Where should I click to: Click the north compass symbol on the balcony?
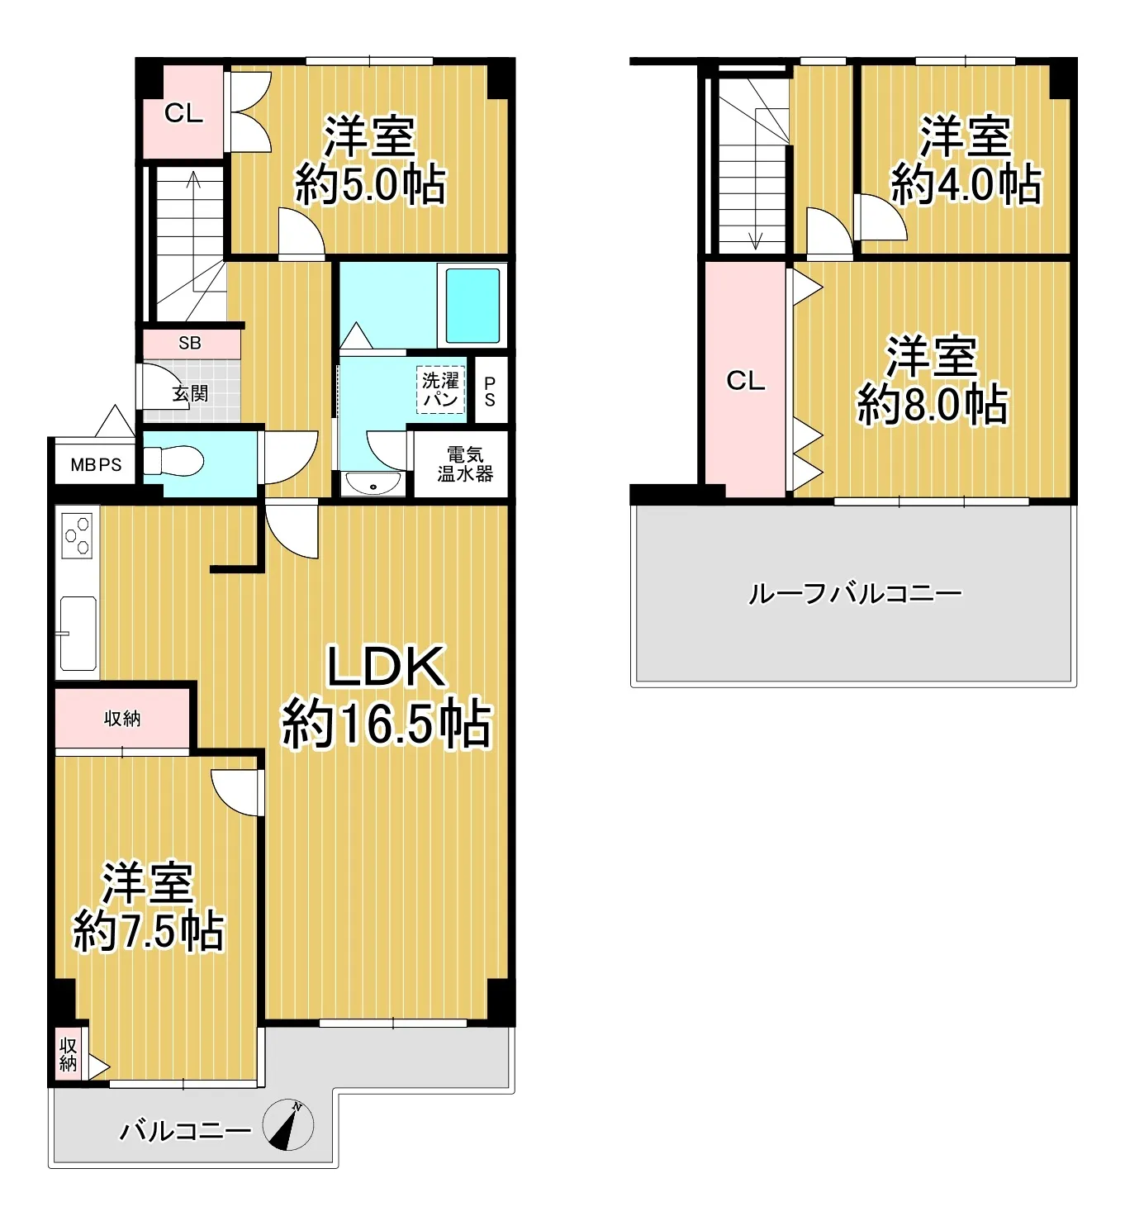click(x=288, y=1125)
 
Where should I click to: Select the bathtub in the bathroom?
click(x=472, y=306)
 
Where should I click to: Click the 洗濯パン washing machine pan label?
click(x=441, y=390)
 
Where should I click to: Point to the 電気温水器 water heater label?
click(x=465, y=463)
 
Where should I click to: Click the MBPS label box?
click(x=96, y=465)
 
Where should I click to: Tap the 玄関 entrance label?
click(x=190, y=393)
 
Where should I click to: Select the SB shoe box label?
click(x=189, y=344)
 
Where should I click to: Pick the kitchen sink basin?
click(x=78, y=633)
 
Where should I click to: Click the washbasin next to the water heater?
click(x=373, y=482)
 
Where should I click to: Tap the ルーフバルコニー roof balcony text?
click(x=856, y=593)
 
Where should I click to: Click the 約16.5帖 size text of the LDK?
click(x=386, y=724)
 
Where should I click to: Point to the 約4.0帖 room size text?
click(x=966, y=184)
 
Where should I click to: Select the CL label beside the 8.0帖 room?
click(x=746, y=381)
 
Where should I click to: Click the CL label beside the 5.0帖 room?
click(x=184, y=113)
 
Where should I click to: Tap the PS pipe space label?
click(x=490, y=392)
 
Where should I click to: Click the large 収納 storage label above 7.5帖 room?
click(x=122, y=719)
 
